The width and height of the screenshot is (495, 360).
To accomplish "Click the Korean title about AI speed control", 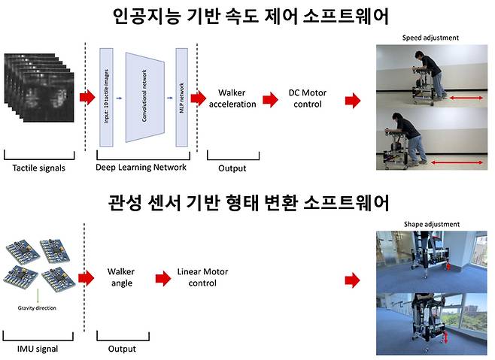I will coord(246,17).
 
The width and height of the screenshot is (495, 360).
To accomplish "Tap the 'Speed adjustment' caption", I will coord(430,37).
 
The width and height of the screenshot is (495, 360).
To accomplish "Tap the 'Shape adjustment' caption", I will coord(430,224).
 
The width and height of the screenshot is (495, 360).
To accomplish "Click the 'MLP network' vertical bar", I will coord(181,97).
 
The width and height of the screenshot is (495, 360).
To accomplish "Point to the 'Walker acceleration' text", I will coord(235,97).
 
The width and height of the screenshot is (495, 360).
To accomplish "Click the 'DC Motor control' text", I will coord(305,98).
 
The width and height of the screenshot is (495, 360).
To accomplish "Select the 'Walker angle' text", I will coord(120,277).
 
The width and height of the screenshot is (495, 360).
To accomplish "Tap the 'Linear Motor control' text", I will coord(197,277).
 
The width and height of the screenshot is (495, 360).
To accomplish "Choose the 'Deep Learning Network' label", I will coord(141,168).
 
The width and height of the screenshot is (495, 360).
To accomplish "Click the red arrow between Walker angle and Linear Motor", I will coord(162,278).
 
